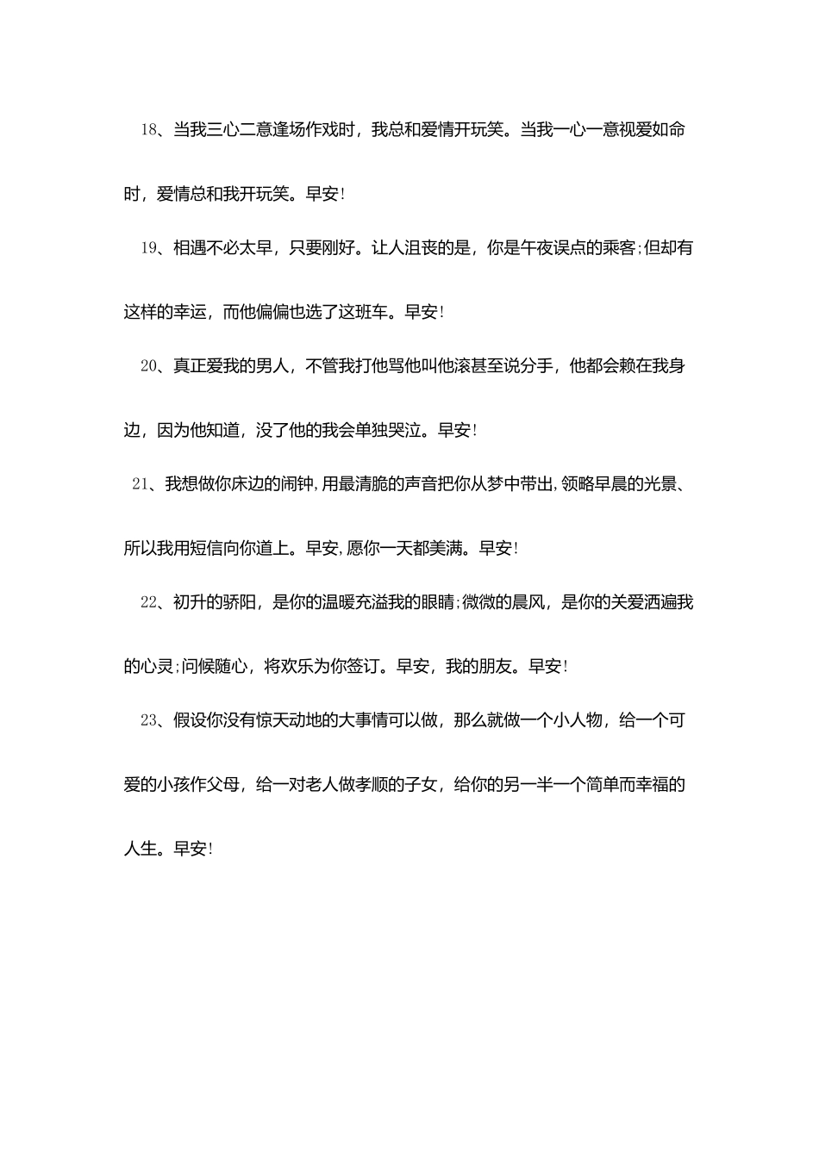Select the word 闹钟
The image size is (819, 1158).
[x=298, y=484]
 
